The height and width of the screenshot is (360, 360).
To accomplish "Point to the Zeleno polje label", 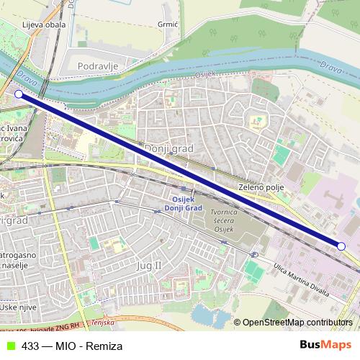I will [261, 187].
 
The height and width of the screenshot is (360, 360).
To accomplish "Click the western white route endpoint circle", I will [19, 94].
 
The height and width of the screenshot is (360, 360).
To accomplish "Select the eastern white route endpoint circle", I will [341, 246].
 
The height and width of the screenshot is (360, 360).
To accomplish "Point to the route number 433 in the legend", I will [30, 346].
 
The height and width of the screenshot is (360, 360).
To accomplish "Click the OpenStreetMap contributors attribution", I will [297, 323].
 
